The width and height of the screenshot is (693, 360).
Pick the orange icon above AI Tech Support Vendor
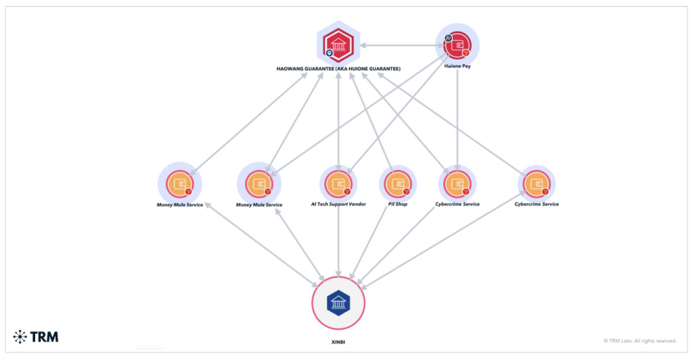tap(338, 183)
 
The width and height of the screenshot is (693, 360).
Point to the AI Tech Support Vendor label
tap(338, 204)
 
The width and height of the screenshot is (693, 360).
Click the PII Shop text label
tap(397, 204)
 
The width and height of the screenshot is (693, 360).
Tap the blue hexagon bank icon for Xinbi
tap(338, 302)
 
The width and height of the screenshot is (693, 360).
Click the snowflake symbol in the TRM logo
tap(20, 336)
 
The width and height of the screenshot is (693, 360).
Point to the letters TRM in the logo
tap(45, 336)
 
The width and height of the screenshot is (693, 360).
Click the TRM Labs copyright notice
tap(640, 340)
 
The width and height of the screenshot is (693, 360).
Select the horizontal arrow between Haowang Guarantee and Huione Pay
tap(399, 45)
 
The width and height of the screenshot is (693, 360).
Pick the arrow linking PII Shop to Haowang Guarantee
tap(371, 122)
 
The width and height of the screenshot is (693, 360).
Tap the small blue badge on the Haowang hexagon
tap(329, 53)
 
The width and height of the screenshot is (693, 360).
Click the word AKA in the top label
tap(342, 69)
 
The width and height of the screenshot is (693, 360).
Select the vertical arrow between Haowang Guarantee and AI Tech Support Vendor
tap(338, 122)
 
